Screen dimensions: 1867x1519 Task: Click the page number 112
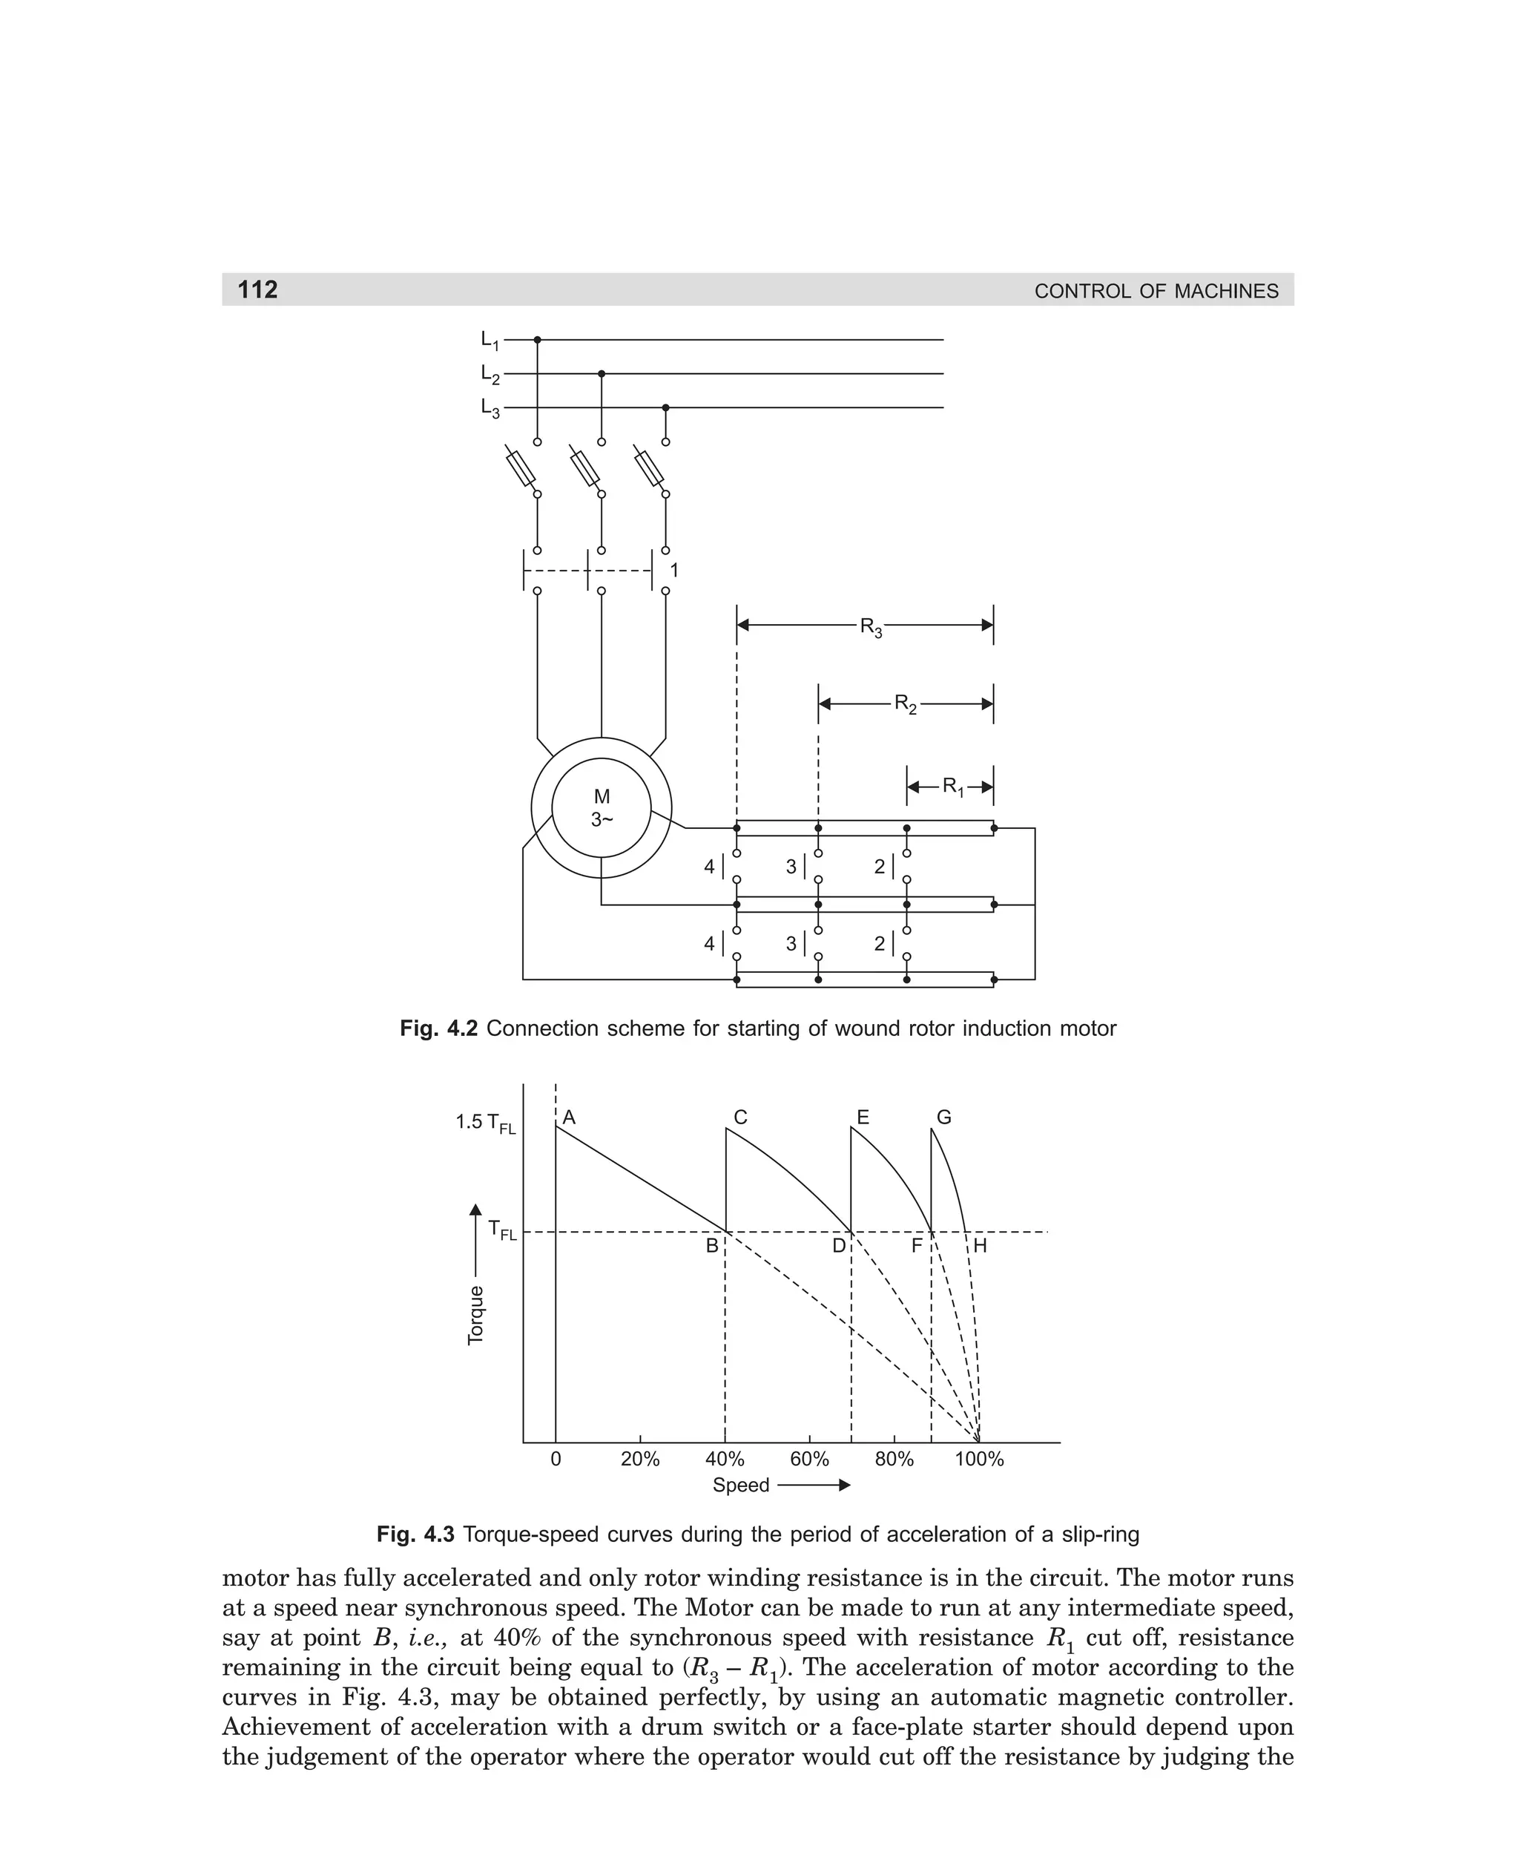point(257,289)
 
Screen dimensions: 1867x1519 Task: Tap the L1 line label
point(489,341)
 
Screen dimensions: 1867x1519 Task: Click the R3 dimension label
point(871,627)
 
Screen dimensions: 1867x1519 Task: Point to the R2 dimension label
point(905,703)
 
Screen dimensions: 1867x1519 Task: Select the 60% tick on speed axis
point(809,1459)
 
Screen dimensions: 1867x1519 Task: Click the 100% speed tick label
point(979,1459)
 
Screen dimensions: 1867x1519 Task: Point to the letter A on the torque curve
point(569,1118)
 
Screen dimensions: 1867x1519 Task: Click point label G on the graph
point(944,1118)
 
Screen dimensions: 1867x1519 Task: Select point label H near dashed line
point(980,1246)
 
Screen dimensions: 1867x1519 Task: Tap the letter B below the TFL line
point(712,1246)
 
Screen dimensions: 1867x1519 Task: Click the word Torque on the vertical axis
point(476,1316)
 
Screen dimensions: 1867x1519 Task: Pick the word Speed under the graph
point(740,1486)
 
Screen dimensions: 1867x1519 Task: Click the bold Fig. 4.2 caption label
point(438,1028)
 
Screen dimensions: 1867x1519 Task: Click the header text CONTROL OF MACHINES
point(1156,292)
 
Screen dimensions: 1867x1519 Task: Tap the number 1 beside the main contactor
point(673,571)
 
